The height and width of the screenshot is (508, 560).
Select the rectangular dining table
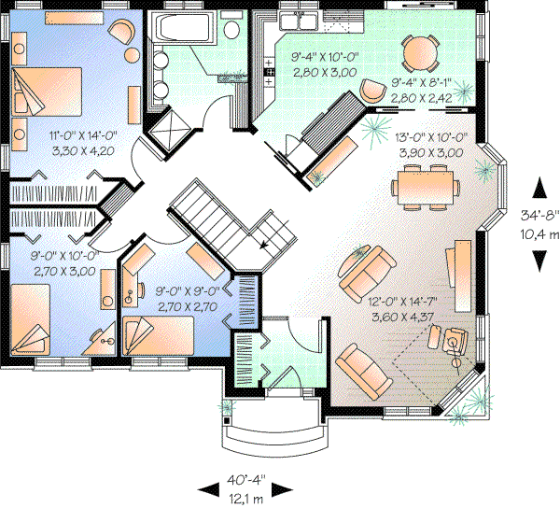pos(426,182)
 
